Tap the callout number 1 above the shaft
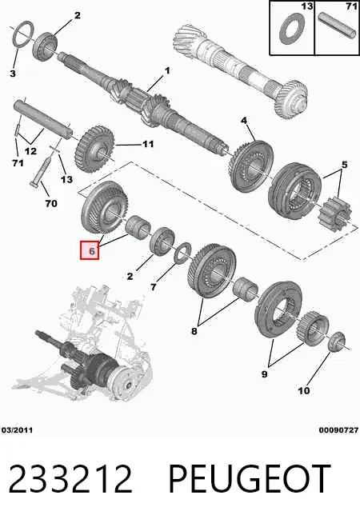[167, 70]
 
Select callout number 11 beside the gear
[148, 144]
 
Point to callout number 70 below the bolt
[51, 203]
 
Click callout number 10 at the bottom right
[304, 390]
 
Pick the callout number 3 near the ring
[13, 73]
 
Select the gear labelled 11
[94, 149]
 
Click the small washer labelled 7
[182, 253]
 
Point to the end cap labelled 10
[337, 341]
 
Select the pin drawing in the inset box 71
[338, 26]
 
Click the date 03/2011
[18, 430]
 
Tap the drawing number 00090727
[338, 430]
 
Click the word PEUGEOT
[250, 479]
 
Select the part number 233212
[70, 479]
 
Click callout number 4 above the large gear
[244, 120]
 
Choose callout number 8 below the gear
[194, 331]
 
